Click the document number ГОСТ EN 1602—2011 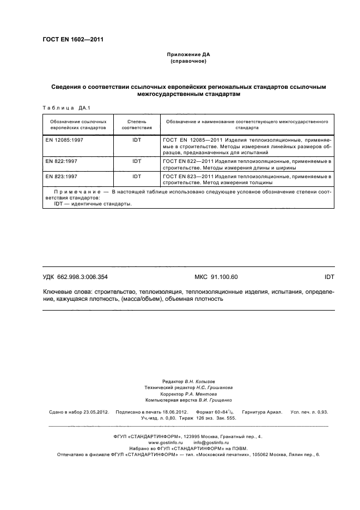tap(73, 40)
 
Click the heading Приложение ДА tap(188, 55)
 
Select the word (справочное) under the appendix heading tap(188, 62)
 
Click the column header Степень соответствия tap(136, 123)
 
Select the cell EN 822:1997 tap(62, 162)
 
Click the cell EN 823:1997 tap(62, 177)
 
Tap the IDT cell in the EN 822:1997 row tap(136, 162)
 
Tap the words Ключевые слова tap(68, 292)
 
